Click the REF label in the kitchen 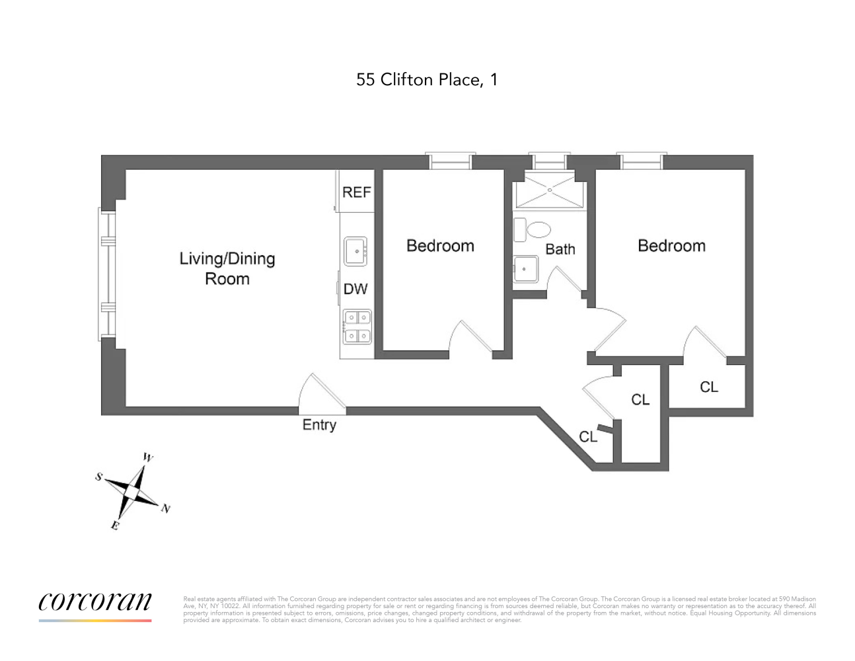point(357,192)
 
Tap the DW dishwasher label point(355,290)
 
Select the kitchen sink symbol point(355,251)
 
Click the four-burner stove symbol point(357,327)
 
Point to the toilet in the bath point(532,230)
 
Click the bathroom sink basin point(525,269)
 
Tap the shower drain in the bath point(550,190)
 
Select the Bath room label point(560,249)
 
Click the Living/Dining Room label point(227,269)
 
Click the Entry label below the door point(319,425)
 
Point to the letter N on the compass point(166,509)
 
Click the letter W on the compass point(147,457)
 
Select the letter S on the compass point(98,477)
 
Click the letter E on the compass point(115,525)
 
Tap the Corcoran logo point(95,607)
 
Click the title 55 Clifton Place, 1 point(427,80)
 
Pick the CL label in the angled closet point(588,436)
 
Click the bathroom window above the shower point(549,161)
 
